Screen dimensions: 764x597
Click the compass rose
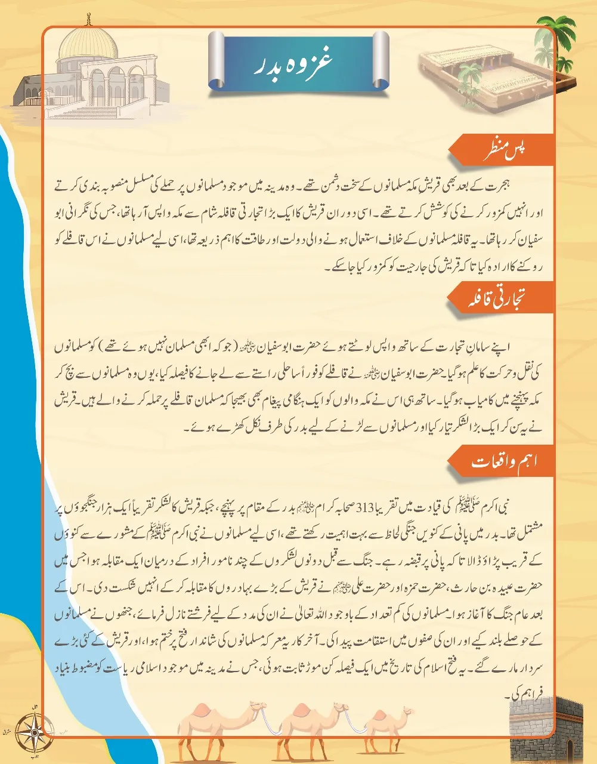pyautogui.click(x=33, y=731)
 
